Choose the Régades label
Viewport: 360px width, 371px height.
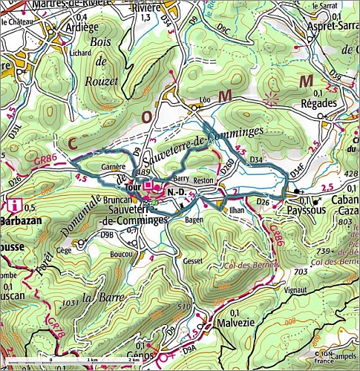(319, 104)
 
